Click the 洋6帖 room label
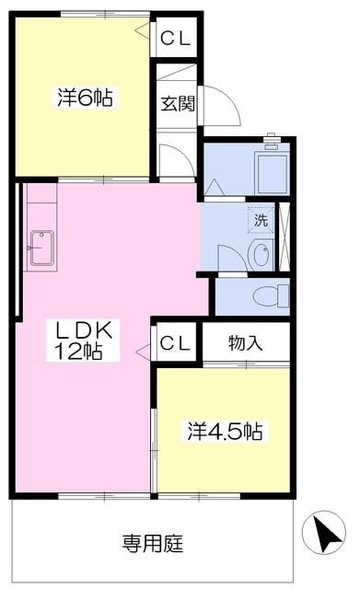point(85,98)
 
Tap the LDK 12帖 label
point(83,340)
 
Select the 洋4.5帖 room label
point(225,431)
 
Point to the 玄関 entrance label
point(178,104)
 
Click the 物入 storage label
point(246,343)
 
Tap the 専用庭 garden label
point(153,543)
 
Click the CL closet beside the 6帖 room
point(176,38)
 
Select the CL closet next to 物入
point(175,342)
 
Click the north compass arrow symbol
point(323,532)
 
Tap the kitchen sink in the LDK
point(41,248)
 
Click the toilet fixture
point(271,295)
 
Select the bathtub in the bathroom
point(272,172)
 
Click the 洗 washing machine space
point(261,220)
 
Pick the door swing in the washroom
point(232,260)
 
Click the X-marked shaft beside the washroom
point(285,237)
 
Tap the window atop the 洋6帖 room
point(105,14)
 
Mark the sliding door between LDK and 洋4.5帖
point(154,449)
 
